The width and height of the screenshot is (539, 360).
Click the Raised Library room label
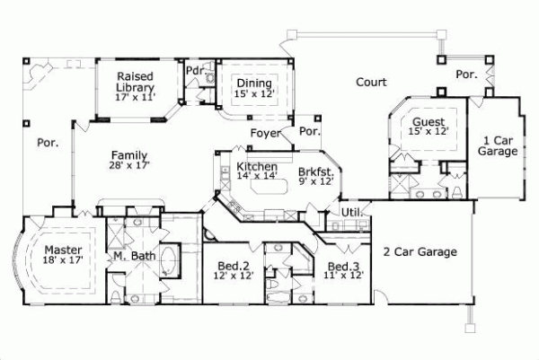pos(136,83)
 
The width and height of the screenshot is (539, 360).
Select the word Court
pos(370,82)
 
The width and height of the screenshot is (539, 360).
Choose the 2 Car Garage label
pos(420,251)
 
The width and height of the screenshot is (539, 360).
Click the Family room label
pos(130,154)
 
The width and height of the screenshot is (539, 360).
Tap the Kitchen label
pos(257,168)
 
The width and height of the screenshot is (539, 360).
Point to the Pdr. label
pos(194,70)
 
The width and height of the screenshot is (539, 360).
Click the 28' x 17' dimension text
pos(130,165)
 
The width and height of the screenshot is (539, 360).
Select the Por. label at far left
pos(47,142)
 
